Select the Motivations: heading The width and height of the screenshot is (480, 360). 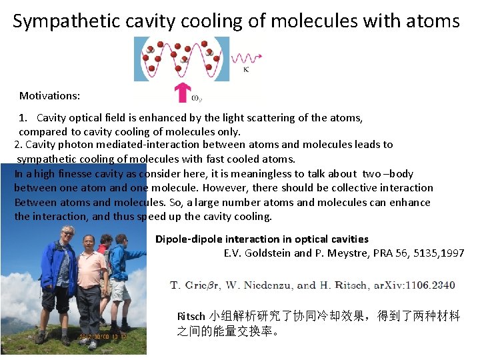point(49,96)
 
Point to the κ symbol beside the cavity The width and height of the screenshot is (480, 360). point(246,69)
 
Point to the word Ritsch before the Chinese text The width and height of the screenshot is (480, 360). point(191,316)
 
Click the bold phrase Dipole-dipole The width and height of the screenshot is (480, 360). point(189,239)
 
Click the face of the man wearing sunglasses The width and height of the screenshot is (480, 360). point(67,234)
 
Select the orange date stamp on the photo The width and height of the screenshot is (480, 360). point(112,336)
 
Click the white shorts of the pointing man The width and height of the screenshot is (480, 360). point(119,290)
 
